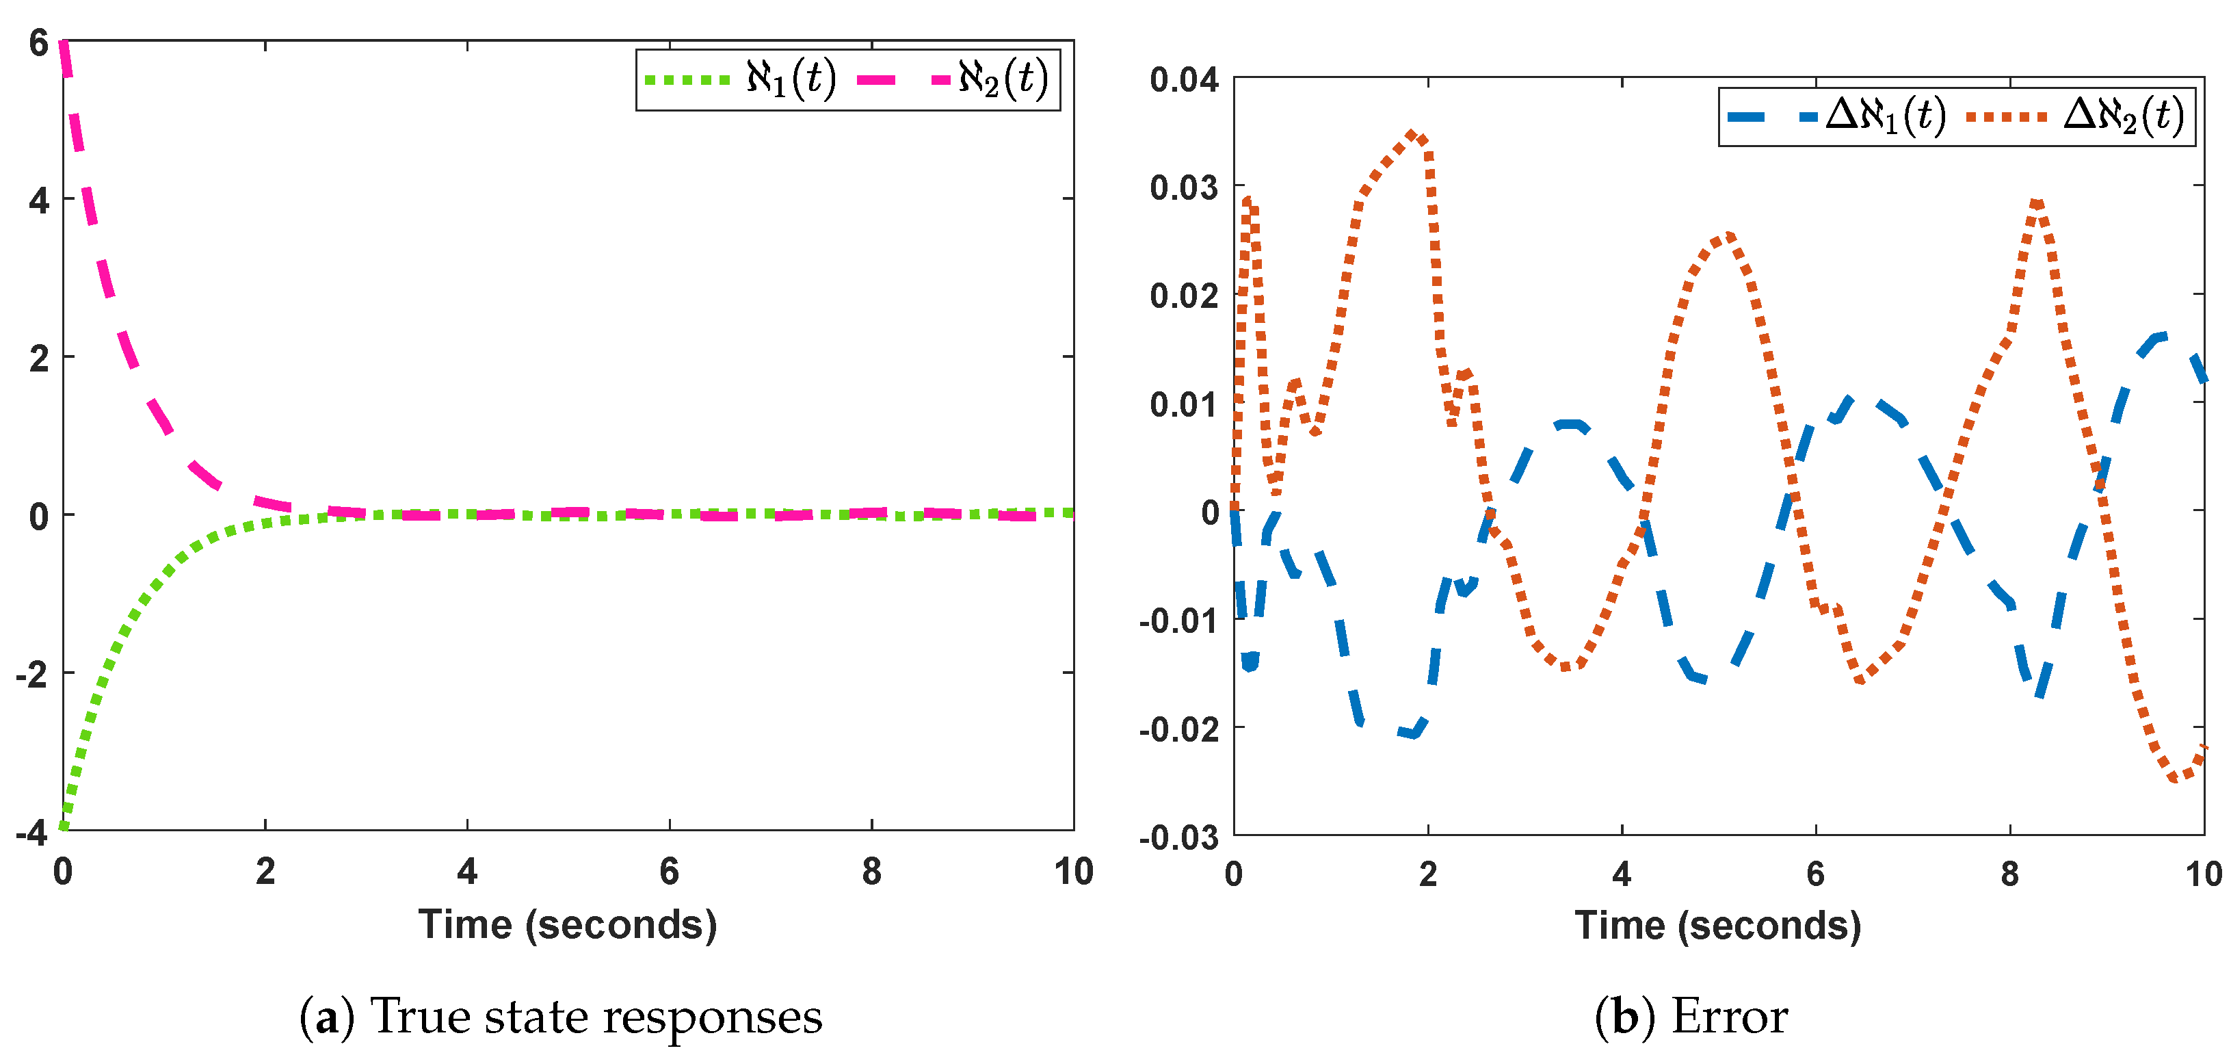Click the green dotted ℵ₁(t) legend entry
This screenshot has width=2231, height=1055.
pos(741,79)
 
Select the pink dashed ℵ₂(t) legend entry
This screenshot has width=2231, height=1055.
pos(953,79)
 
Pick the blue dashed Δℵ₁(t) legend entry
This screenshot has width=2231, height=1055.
pos(1836,116)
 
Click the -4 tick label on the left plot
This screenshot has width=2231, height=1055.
pos(32,833)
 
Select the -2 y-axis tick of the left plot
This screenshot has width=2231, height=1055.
pos(32,674)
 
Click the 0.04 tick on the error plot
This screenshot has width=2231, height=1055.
pos(1184,79)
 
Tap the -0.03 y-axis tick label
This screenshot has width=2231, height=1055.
pos(1178,837)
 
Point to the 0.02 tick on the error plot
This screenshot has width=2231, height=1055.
pos(1184,296)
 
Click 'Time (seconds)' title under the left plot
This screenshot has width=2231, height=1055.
pos(567,925)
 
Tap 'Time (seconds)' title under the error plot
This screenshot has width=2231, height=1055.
pos(1717,926)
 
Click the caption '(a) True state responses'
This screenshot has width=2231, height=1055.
pos(562,1017)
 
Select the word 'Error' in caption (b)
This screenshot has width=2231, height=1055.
pos(1729,1017)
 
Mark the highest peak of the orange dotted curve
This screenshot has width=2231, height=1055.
pos(1412,134)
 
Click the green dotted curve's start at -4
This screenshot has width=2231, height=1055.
pos(63,827)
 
